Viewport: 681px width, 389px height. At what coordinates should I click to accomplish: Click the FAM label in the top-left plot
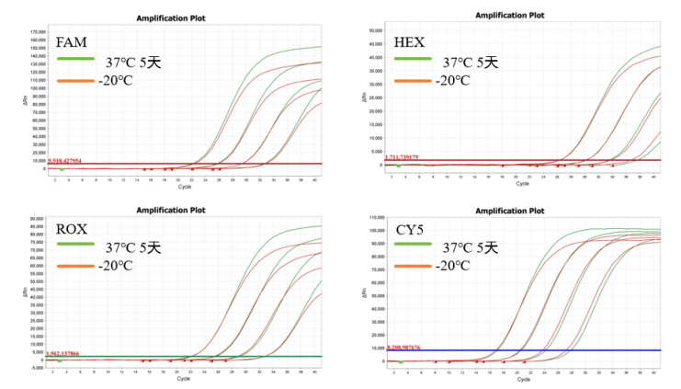pos(72,44)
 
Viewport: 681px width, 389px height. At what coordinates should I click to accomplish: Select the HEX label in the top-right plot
pos(409,44)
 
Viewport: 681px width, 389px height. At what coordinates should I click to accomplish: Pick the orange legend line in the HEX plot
pos(414,81)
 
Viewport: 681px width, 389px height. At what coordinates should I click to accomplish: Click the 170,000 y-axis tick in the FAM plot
pos(38,30)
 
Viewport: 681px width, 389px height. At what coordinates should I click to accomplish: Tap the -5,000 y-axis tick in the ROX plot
pos(40,366)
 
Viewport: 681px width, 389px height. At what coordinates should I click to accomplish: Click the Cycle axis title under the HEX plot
pos(522,184)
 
